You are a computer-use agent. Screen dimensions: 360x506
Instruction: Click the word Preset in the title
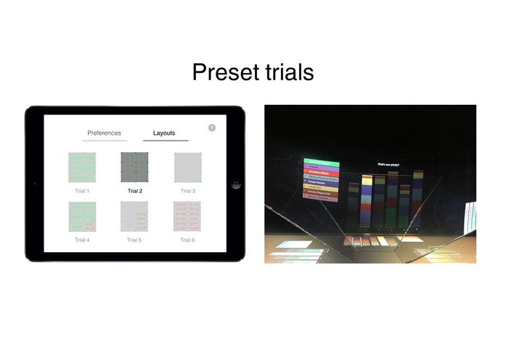(221, 73)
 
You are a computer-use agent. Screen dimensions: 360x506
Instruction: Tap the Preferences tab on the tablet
(104, 133)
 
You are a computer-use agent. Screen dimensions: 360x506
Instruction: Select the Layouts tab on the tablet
(165, 133)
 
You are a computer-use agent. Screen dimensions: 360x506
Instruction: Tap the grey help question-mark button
(212, 128)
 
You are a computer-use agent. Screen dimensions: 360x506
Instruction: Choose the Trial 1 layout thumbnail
(82, 168)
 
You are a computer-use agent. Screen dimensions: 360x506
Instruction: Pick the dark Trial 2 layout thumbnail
(135, 168)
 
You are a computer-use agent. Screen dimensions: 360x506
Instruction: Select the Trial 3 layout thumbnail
(187, 168)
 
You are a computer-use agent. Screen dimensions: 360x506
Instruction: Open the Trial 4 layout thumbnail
(82, 216)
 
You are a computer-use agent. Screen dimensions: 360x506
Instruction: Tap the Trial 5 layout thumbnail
(135, 216)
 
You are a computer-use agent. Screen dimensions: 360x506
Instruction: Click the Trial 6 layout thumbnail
(187, 216)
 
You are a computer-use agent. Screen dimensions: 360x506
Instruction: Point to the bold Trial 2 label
(135, 191)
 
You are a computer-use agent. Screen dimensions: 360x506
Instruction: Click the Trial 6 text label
(187, 240)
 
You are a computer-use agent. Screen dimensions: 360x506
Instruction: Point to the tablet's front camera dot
(34, 184)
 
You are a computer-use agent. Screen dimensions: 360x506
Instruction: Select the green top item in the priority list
(321, 163)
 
